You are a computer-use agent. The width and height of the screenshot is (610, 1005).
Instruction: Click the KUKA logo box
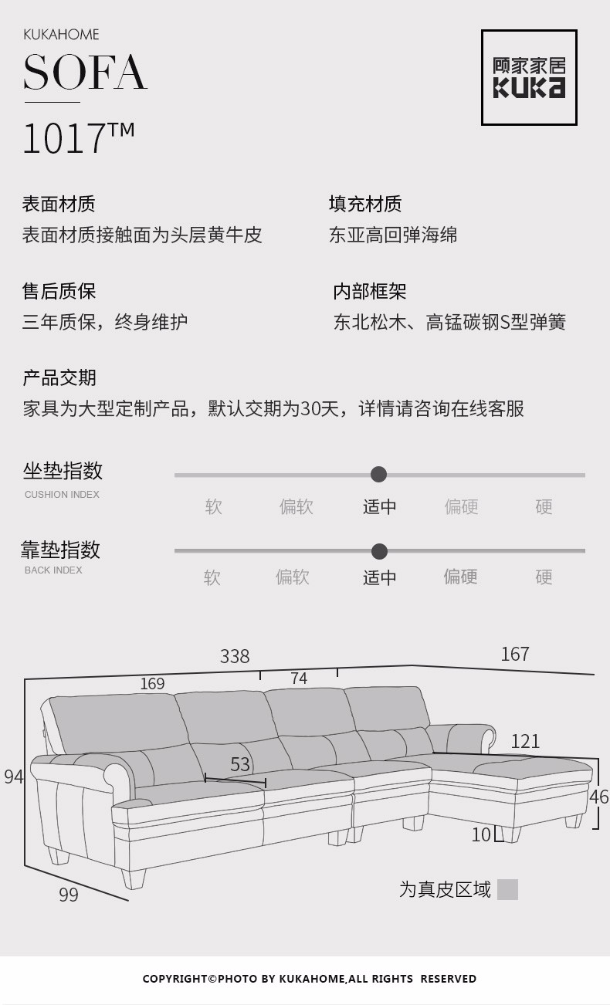pos(529,78)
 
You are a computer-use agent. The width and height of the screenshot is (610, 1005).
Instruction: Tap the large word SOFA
pos(85,73)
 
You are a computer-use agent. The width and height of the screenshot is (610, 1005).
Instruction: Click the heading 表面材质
pos(59,204)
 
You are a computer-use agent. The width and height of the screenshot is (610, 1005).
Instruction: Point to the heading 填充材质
pos(365,204)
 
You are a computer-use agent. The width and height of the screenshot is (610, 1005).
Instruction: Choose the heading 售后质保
pos(59,291)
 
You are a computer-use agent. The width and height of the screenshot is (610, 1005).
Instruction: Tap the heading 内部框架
pos(369,291)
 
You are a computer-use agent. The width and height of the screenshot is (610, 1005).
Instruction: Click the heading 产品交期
pos(59,377)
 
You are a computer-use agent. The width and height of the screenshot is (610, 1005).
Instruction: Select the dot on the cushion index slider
pos(379,474)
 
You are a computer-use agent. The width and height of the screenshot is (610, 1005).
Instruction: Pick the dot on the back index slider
pos(379,551)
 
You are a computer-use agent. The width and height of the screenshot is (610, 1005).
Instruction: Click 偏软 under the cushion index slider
pos(297,506)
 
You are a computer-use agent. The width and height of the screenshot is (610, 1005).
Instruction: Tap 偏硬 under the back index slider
pos(460,577)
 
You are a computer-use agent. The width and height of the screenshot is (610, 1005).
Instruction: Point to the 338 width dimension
pos(235,656)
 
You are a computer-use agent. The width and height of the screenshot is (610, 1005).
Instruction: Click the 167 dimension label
pos(515,654)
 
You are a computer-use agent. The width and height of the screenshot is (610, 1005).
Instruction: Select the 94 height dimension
pos(13,777)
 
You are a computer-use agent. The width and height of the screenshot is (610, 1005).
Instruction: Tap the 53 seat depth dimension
pos(240,764)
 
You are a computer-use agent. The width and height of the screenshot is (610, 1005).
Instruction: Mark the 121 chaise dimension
pos(525,741)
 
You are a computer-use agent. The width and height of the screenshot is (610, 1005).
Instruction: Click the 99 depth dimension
pos(69,895)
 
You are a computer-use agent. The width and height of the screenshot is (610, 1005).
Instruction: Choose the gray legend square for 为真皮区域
pos(507,890)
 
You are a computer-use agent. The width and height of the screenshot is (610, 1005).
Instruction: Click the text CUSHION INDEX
pos(62,495)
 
